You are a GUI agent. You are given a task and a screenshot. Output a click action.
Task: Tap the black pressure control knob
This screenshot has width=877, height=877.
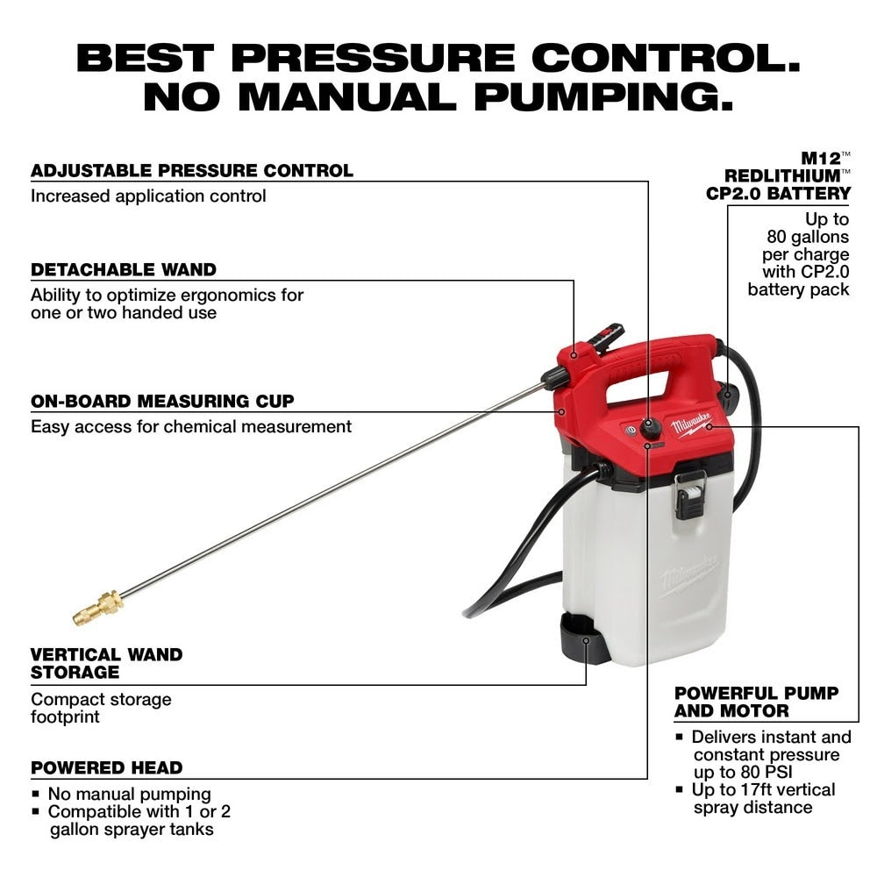tap(650, 428)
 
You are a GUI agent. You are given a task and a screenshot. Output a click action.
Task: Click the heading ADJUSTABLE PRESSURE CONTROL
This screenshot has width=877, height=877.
tap(192, 170)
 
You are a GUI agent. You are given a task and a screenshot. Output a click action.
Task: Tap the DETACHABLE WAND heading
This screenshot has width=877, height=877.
tap(124, 269)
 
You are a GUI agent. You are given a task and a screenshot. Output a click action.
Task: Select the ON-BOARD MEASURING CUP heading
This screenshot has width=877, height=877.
tap(162, 401)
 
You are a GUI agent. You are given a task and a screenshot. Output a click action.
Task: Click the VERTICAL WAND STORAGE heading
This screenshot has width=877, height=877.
tap(106, 663)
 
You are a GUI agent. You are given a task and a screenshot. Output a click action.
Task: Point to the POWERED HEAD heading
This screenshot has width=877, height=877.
tap(106, 767)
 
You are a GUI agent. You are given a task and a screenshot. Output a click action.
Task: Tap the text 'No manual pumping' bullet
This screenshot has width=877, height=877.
tap(129, 794)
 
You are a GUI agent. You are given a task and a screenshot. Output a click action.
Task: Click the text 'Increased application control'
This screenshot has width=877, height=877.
tap(148, 196)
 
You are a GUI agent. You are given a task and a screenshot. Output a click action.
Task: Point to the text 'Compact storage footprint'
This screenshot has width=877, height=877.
tap(101, 708)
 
